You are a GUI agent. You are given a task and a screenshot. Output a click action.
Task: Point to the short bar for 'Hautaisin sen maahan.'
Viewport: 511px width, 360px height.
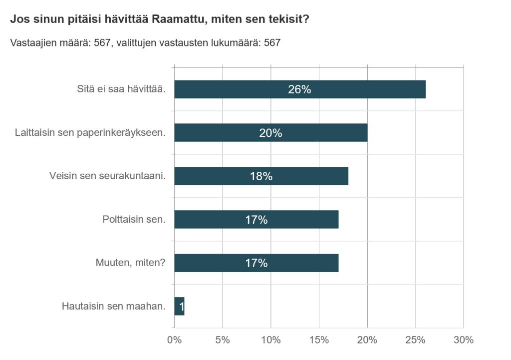179,306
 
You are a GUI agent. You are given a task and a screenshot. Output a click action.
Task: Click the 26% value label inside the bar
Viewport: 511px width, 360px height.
299,89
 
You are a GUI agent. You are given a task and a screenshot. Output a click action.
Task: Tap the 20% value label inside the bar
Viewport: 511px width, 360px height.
270,133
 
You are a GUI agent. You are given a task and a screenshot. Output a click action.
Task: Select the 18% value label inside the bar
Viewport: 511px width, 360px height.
261,176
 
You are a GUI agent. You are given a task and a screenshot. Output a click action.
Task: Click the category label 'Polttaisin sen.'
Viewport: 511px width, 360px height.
134,220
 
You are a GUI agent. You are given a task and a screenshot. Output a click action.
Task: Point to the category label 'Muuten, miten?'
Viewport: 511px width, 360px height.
130,263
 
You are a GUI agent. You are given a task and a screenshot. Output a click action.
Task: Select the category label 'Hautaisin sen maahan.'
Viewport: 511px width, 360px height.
113,306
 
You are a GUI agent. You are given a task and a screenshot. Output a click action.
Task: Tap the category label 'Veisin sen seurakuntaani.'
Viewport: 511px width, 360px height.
107,176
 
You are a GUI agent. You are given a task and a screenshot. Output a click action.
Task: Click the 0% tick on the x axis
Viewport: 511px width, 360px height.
174,341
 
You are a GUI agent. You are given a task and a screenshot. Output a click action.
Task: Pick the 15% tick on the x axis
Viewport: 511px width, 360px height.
319,341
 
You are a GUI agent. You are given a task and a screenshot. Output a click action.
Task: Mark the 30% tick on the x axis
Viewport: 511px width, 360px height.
464,341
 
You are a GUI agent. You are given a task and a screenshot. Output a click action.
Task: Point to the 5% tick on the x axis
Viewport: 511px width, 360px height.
223,341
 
